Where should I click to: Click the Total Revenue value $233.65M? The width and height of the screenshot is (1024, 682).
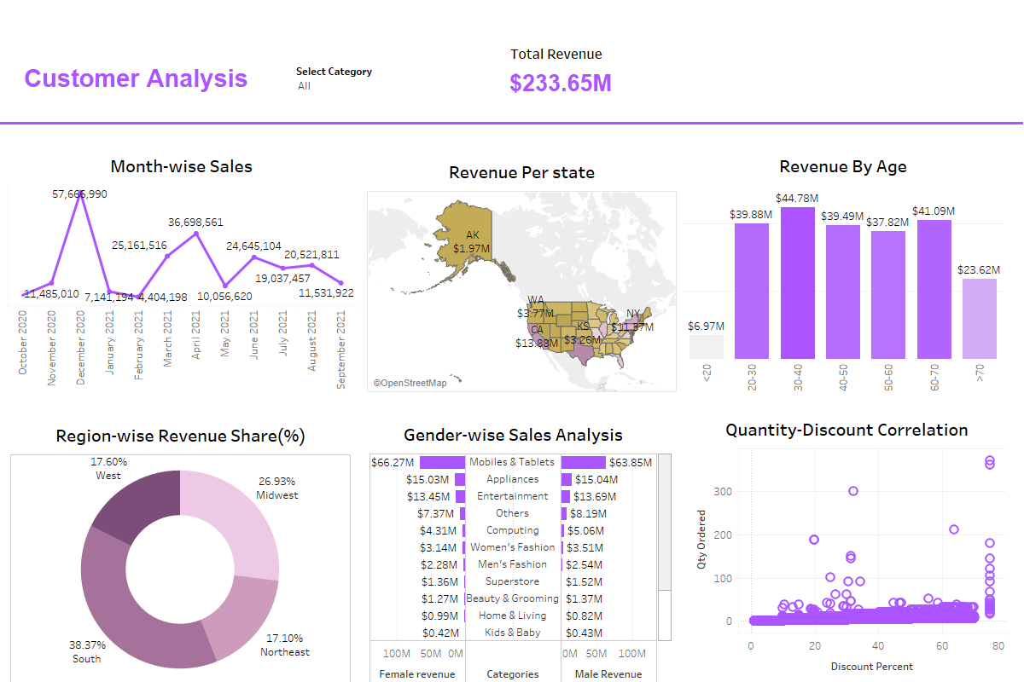tap(561, 84)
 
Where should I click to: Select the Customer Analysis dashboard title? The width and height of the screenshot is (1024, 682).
tap(136, 78)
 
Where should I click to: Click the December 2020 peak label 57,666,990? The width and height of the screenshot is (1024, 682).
tap(80, 194)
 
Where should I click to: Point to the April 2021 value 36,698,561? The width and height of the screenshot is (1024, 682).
tap(195, 223)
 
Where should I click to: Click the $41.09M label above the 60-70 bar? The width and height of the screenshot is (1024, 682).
tap(934, 211)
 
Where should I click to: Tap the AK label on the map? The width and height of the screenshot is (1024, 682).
tap(473, 235)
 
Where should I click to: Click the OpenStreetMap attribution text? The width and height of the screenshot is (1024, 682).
tap(410, 384)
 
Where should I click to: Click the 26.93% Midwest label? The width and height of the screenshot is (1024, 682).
tap(277, 488)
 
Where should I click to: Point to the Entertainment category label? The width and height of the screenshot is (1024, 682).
tap(512, 496)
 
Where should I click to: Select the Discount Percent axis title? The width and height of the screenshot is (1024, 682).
tap(871, 667)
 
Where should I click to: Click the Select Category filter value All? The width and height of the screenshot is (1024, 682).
tap(305, 86)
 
